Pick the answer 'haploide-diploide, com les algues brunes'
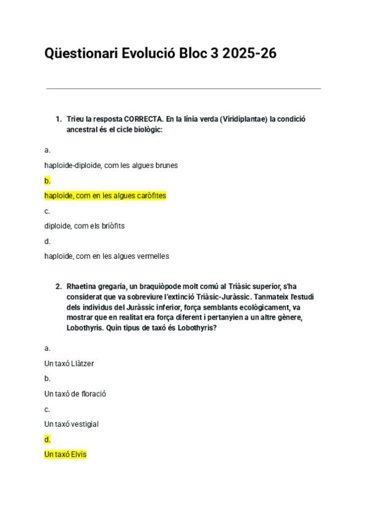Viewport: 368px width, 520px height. (111, 166)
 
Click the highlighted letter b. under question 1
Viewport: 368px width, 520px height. (47, 181)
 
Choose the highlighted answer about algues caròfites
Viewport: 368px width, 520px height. (105, 196)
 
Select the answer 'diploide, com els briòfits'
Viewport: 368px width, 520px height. (84, 226)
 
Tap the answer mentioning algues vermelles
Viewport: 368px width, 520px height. (107, 256)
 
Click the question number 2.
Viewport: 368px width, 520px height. (58, 286)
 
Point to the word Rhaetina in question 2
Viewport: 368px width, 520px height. (82, 286)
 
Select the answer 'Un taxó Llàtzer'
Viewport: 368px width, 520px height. (69, 364)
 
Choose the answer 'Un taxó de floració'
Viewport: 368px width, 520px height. (75, 394)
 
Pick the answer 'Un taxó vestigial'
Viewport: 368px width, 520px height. (71, 424)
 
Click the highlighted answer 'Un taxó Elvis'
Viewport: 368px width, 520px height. (65, 454)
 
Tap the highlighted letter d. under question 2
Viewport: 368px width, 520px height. (47, 440)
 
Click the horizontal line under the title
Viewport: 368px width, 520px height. (183, 88)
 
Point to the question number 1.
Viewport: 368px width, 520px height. (58, 119)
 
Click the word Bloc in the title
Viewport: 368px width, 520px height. (193, 53)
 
